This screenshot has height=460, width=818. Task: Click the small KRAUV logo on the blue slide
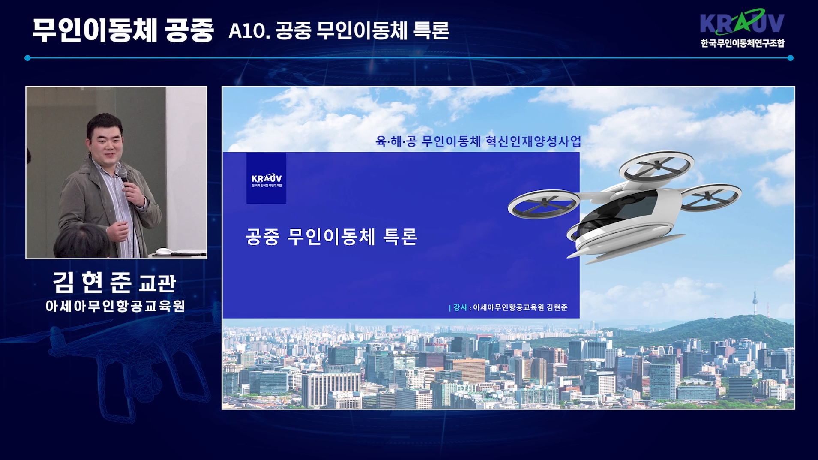pyautogui.click(x=266, y=178)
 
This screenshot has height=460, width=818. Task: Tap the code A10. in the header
pyautogui.click(x=249, y=30)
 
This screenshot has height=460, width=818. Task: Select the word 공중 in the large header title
pyautogui.click(x=189, y=30)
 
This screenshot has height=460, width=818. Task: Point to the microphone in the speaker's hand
pyautogui.click(x=123, y=176)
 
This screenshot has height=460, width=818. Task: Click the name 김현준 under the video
pyautogui.click(x=92, y=283)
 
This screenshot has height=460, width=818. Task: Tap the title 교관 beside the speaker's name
pyautogui.click(x=157, y=283)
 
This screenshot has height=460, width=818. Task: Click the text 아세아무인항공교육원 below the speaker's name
pyautogui.click(x=115, y=306)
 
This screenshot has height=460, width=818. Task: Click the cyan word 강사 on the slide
pyautogui.click(x=460, y=307)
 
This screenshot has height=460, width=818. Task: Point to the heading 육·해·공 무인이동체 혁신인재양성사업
pyautogui.click(x=478, y=141)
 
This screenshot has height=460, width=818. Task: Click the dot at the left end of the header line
pyautogui.click(x=27, y=58)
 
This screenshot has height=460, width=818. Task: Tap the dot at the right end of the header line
pyautogui.click(x=791, y=58)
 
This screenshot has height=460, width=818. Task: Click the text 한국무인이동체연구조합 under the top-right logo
pyautogui.click(x=743, y=43)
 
